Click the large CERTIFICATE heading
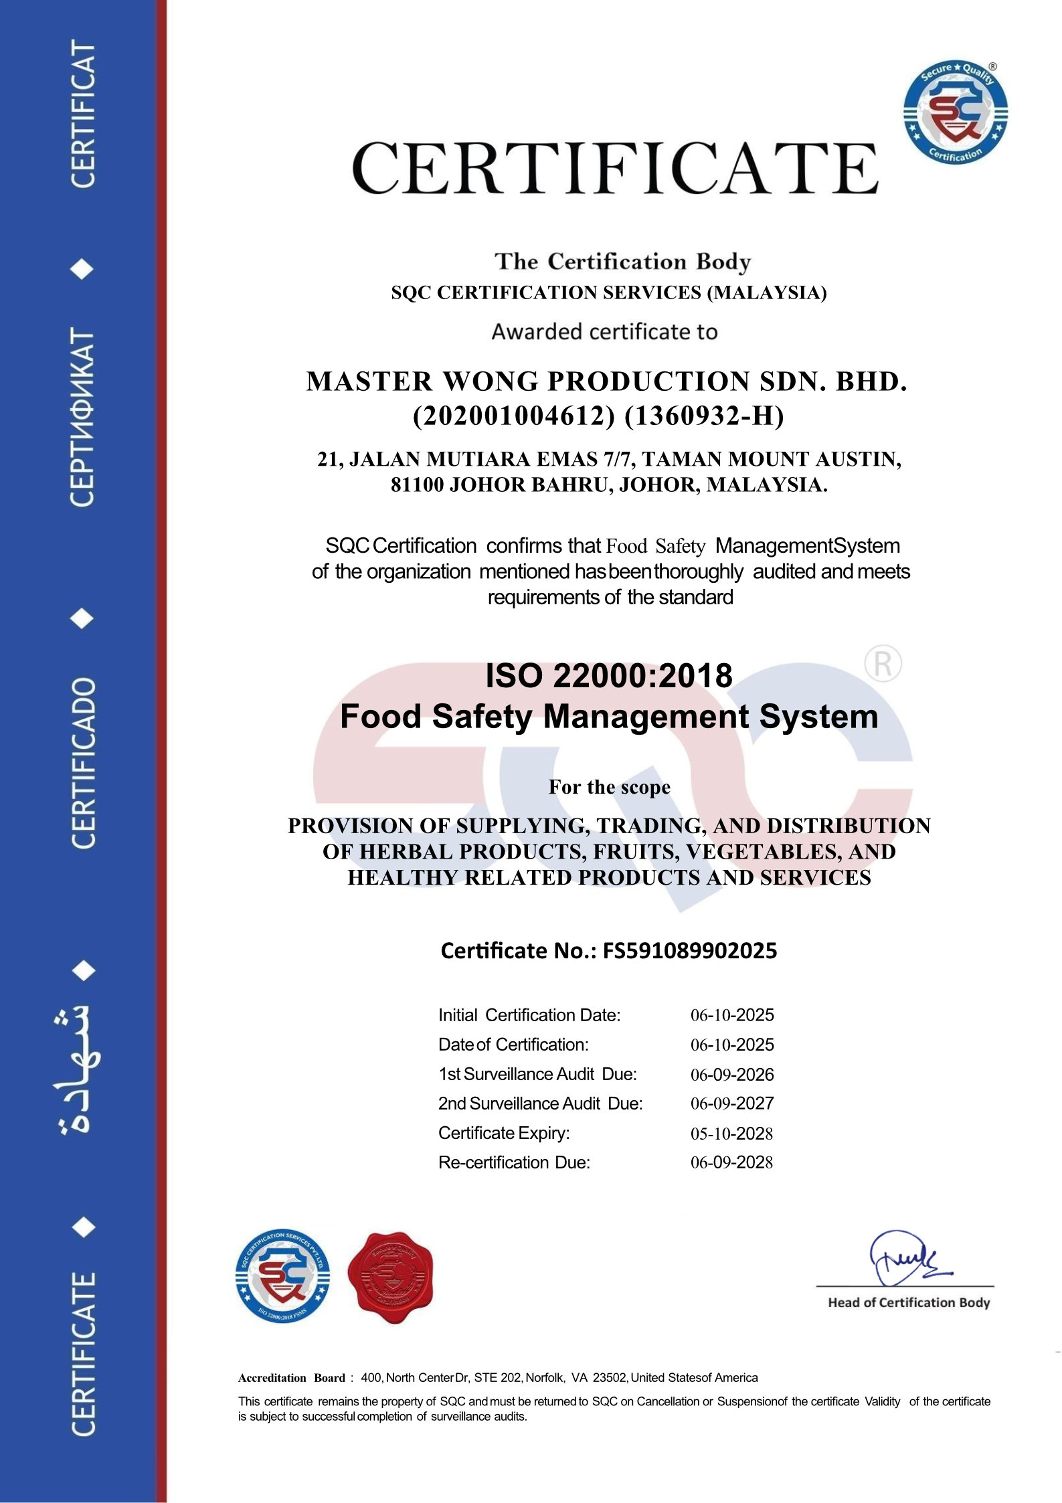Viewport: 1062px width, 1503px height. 614,168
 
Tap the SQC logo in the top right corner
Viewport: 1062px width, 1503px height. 955,112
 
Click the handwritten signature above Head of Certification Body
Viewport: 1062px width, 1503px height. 906,1258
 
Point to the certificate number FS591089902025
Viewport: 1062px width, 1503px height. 690,951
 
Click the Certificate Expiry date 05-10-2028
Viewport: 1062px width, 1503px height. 731,1134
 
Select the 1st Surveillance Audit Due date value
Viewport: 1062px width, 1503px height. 731,1075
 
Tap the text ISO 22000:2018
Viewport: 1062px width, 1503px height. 608,675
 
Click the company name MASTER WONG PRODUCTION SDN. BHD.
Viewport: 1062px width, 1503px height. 606,381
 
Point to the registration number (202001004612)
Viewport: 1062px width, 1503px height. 513,416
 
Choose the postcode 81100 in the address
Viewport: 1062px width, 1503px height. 417,484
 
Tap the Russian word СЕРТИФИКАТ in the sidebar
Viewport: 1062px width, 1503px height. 82,418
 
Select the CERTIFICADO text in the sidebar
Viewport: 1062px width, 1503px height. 83,763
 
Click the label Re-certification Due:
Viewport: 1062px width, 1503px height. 514,1162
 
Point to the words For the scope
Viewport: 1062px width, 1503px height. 609,787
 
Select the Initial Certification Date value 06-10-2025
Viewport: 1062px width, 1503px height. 731,1015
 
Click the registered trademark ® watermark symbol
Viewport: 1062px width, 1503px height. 883,664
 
